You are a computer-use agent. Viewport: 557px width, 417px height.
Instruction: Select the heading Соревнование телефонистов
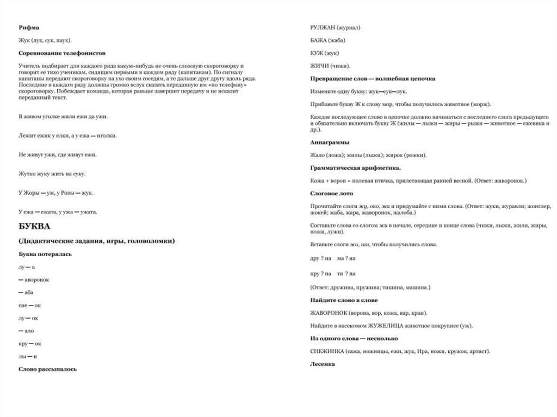pyautogui.click(x=61, y=53)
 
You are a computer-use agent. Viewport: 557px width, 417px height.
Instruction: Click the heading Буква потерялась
pyautogui.click(x=45, y=254)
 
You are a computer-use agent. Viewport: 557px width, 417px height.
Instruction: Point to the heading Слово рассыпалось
pyautogui.click(x=47, y=369)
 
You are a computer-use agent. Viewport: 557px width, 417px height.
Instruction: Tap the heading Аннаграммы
pyautogui.click(x=330, y=142)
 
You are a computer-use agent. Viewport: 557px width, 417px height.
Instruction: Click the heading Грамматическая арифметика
pyautogui.click(x=355, y=167)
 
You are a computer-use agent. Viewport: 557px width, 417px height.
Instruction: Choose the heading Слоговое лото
pyautogui.click(x=331, y=193)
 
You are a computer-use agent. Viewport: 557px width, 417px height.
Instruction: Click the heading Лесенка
pyautogui.click(x=323, y=364)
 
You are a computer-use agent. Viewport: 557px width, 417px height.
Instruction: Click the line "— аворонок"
pyautogui.click(x=34, y=279)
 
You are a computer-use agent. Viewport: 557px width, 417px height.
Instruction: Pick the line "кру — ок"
pyautogui.click(x=30, y=344)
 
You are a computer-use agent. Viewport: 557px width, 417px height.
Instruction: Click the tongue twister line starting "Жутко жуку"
pyautogui.click(x=52, y=174)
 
